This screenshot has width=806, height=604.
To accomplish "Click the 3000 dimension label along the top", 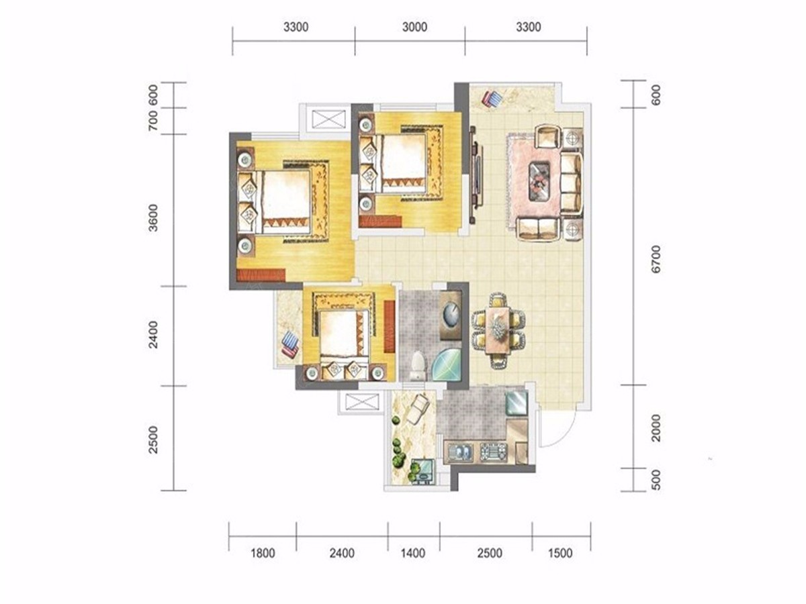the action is coord(414,27).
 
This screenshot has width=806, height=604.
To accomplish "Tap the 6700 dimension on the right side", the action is coord(655,259).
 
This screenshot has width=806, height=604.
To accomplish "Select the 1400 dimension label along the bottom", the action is coord(412,552).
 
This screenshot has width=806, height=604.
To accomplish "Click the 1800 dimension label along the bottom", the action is coord(263,552).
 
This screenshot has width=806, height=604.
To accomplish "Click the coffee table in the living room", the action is coord(539,181).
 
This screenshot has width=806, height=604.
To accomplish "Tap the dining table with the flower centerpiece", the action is coord(497,330).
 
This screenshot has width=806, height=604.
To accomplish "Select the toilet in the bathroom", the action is coord(418,365).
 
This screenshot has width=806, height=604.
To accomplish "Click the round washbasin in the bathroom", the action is coord(451,315).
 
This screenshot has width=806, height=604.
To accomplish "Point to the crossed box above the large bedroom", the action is coord(328,119).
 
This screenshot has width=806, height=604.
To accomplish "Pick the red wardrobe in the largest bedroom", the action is coord(261,274).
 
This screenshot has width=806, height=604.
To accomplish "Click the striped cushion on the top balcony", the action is coord(492,99).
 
